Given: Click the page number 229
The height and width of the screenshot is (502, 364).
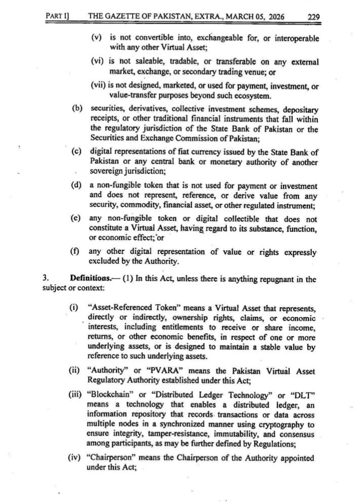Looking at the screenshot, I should pyautogui.click(x=314, y=16).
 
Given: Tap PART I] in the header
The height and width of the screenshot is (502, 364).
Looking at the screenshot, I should pyautogui.click(x=57, y=16).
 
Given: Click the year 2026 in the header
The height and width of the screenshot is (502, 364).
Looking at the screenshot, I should pyautogui.click(x=273, y=16).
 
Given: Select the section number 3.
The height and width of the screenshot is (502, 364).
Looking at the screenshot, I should pyautogui.click(x=45, y=279).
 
